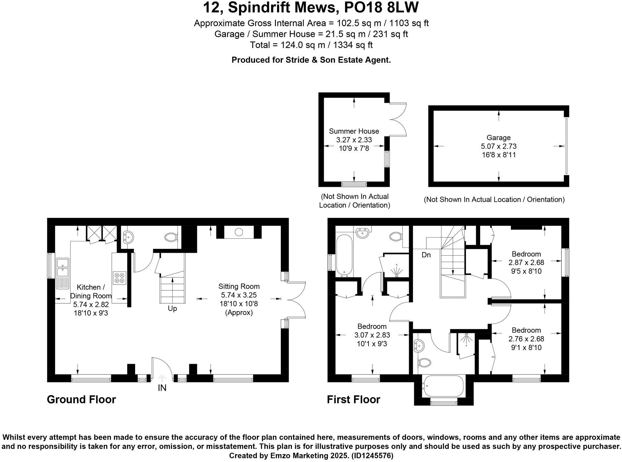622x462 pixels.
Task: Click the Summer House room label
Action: [354, 131]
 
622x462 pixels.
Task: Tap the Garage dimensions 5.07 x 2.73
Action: [499, 146]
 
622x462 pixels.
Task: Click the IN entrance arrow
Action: [162, 378]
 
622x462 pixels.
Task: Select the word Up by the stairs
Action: [172, 309]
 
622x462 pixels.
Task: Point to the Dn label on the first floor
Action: [426, 255]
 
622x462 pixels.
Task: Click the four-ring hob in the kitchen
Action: [119, 278]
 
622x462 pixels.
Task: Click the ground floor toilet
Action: [171, 237]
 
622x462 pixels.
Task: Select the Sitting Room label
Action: [239, 286]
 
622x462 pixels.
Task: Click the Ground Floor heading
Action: [81, 399]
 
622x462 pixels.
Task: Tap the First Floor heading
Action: [353, 399]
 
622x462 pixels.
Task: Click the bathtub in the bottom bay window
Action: [443, 386]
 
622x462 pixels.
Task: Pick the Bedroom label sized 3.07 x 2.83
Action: [372, 326]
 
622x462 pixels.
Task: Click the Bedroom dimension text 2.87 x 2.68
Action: [526, 262]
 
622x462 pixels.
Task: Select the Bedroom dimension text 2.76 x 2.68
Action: [526, 339]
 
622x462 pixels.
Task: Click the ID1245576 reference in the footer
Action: [372, 456]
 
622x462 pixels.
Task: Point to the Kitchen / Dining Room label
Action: [91, 291]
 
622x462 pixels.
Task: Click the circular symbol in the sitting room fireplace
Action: [239, 232]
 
